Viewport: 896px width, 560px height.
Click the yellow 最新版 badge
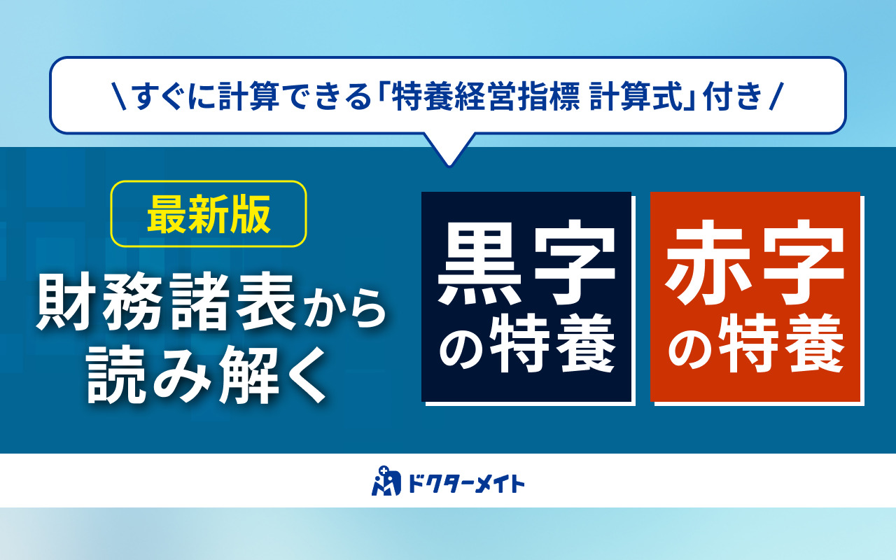point(209,214)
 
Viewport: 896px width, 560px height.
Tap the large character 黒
point(477,265)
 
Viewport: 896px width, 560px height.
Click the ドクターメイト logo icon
point(384,481)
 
